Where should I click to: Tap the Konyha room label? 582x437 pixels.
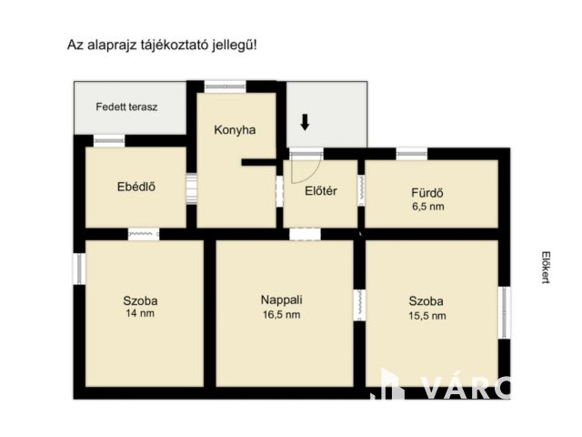coord(235,129)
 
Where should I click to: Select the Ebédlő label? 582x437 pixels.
coord(136,188)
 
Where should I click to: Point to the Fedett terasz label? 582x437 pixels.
coord(127,107)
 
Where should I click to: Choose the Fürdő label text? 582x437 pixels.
coord(426,192)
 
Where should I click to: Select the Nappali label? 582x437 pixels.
coord(281,300)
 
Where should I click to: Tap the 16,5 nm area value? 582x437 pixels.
coord(281,314)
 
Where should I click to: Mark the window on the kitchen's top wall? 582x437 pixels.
coord(225,86)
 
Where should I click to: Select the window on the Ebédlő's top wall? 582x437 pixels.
coord(109,141)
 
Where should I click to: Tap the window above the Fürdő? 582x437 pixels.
coord(411,153)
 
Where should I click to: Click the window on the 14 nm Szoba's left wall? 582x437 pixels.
coord(78,268)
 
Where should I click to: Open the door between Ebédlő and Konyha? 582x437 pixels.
coord(191,188)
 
